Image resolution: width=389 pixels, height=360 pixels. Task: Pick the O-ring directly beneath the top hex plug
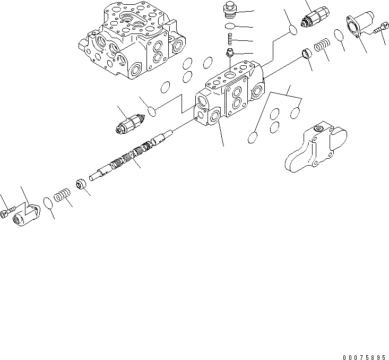pos(230,27)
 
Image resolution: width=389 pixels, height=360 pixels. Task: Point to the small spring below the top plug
pos(230,39)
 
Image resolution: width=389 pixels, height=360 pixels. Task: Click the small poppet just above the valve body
pos(230,53)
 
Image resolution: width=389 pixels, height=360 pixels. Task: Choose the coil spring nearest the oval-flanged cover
pos(322,48)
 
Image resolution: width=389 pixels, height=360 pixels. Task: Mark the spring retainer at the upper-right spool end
pos(306,53)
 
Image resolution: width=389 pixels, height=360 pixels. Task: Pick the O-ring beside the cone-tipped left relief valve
pos(152,112)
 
